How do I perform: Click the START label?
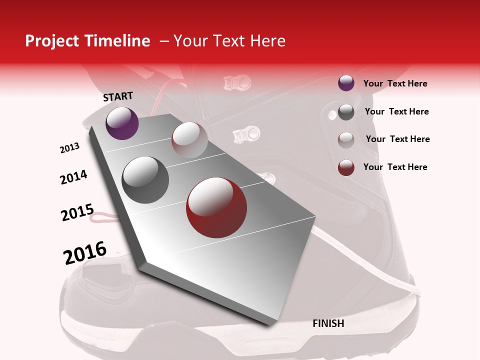118,96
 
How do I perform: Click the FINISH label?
328,323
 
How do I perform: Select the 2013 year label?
69,148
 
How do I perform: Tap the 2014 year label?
73,177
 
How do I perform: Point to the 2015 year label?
77,212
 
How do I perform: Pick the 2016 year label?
85,252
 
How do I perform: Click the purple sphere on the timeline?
122,123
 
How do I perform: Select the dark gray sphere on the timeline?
145,179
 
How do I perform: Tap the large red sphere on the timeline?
216,207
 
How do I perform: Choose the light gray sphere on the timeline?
189,140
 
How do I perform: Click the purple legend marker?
346,83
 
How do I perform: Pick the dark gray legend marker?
346,112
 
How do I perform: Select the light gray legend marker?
346,140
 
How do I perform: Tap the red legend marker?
346,167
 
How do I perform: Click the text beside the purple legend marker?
395,83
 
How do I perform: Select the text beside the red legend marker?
395,167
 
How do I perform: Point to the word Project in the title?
52,41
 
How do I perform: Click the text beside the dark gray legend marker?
396,111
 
